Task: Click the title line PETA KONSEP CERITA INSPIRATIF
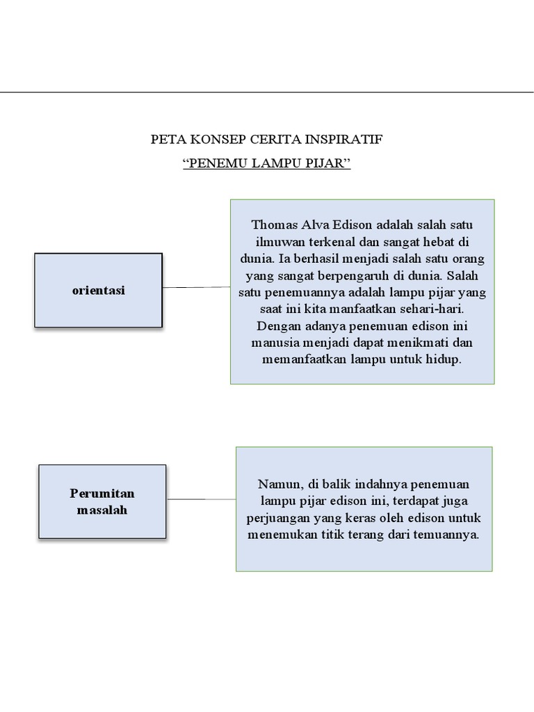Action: tap(266, 139)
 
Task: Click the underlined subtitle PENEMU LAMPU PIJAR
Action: tap(266, 164)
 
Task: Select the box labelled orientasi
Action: tap(98, 290)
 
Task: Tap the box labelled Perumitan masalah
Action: tap(102, 501)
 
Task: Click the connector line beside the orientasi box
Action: tap(196, 287)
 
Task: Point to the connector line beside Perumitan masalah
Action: tap(201, 499)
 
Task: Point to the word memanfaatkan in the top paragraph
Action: tap(303, 359)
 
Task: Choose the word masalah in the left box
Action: tap(102, 510)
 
